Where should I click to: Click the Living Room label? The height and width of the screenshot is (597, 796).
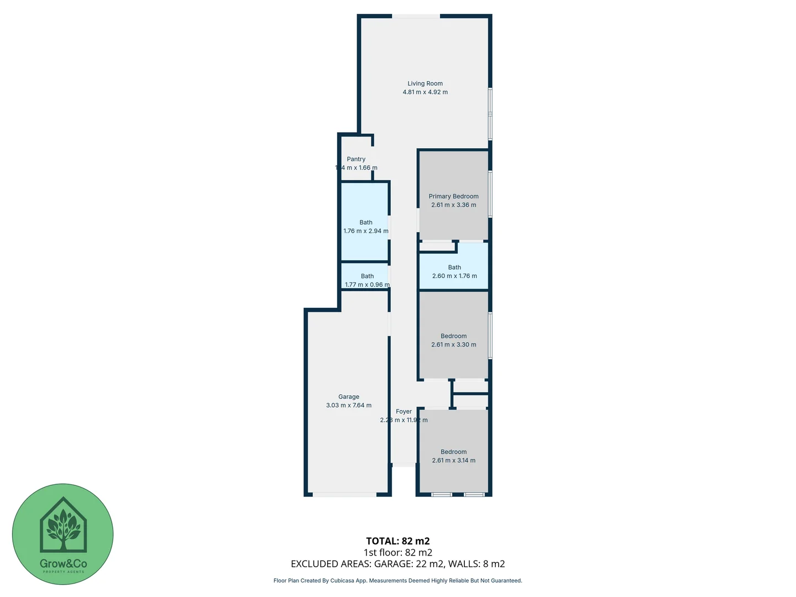click(x=425, y=83)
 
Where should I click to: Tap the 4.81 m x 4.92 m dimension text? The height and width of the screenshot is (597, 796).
click(x=425, y=92)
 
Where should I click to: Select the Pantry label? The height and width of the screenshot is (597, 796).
click(x=356, y=159)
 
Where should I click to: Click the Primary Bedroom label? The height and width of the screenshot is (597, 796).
click(x=453, y=196)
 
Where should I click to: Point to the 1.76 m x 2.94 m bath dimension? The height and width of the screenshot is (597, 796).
click(x=365, y=231)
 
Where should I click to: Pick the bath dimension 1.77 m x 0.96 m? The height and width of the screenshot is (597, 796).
click(x=367, y=285)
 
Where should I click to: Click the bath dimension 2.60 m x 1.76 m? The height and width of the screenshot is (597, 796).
click(x=454, y=276)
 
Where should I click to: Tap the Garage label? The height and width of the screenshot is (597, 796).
click(x=349, y=397)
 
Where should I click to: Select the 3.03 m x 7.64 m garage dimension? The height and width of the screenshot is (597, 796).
click(x=349, y=405)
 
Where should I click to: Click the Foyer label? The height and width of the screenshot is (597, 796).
click(x=404, y=412)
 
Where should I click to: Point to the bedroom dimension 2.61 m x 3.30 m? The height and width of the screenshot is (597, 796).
click(x=453, y=344)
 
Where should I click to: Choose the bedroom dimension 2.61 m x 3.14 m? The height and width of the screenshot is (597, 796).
click(x=453, y=460)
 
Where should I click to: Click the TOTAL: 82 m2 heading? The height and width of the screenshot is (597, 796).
click(x=397, y=541)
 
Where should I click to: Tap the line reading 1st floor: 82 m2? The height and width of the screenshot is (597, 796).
click(x=397, y=552)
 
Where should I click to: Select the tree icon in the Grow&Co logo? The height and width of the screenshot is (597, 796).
click(x=63, y=528)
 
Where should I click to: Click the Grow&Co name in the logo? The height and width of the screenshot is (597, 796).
click(x=63, y=564)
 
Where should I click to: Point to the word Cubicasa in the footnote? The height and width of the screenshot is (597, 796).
click(x=343, y=580)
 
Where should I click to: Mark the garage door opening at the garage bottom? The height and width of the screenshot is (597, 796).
click(x=344, y=494)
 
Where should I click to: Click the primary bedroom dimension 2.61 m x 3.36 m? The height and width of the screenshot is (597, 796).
click(x=453, y=205)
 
